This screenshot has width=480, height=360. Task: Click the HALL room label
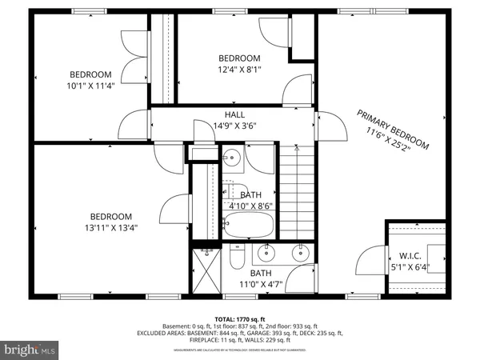click(212, 115)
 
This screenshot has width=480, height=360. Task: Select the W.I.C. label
click(415, 257)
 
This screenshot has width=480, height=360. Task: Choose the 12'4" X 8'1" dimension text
click(240, 70)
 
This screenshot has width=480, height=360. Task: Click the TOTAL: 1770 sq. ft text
click(239, 318)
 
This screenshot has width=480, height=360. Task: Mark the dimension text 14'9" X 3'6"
click(213, 126)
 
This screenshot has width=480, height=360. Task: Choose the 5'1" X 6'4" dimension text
click(415, 268)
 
